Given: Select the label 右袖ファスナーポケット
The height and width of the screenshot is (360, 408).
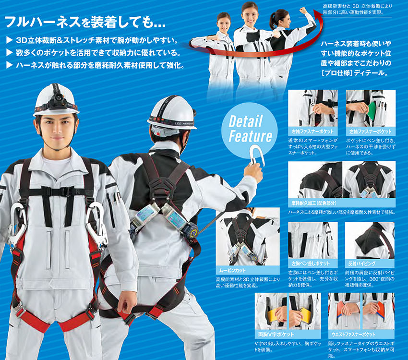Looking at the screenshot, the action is pos(312,132).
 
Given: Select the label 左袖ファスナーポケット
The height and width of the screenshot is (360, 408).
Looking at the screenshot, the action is pos(371,132).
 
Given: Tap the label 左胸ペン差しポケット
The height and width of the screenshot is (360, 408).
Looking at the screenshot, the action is pos(311,263).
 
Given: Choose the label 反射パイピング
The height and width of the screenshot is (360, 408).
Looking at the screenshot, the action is pos(362,263).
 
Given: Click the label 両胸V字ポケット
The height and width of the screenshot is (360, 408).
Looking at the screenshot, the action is pos(276,334).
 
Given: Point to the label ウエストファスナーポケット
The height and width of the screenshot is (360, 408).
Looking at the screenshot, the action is pos(353,334).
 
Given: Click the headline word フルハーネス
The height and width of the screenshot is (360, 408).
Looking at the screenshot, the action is pos(43,22).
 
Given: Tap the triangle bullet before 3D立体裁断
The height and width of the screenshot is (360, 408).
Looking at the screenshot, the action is pos(10,40).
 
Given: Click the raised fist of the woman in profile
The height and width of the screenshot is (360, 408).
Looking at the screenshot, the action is pos(303,11).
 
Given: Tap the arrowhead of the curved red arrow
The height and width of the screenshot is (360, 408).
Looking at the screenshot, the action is pos(318,13).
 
